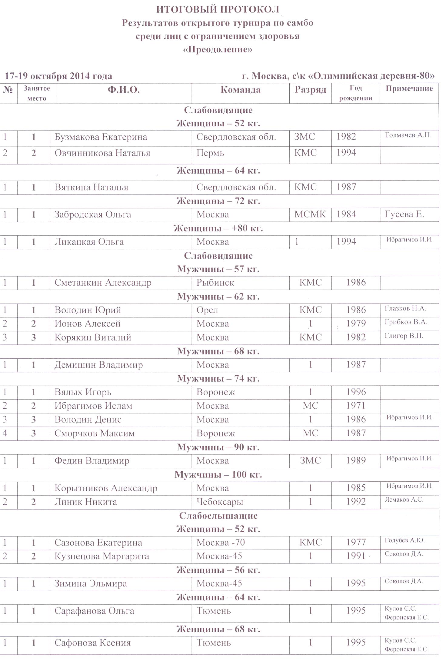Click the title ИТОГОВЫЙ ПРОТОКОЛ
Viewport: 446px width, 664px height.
coord(218,10)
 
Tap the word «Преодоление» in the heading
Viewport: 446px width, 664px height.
coord(218,49)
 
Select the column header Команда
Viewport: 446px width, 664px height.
coord(240,90)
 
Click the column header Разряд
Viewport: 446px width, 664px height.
coord(310,90)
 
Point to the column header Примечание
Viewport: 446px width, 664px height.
coord(409,88)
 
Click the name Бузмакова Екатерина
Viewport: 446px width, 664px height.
coord(101,137)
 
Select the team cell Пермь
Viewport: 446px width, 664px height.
coord(210,153)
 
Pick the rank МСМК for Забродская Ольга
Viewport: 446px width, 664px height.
coord(310,214)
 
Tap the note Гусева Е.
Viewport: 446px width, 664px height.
coord(404,214)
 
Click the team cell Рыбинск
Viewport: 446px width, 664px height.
coord(215,283)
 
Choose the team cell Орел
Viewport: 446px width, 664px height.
coord(207,310)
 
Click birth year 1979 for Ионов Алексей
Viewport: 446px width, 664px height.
coord(356,324)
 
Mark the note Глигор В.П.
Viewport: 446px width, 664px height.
coord(404,336)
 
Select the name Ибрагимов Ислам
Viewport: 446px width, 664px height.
coord(93,406)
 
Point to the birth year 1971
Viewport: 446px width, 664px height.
coord(356,406)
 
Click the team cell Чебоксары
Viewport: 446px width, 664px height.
coord(220,502)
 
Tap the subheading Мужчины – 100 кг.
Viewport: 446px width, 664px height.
coord(218,475)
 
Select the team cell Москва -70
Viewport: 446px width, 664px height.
coord(221,543)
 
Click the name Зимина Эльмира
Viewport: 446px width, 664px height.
coord(91,583)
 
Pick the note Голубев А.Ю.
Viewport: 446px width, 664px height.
coord(404,540)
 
